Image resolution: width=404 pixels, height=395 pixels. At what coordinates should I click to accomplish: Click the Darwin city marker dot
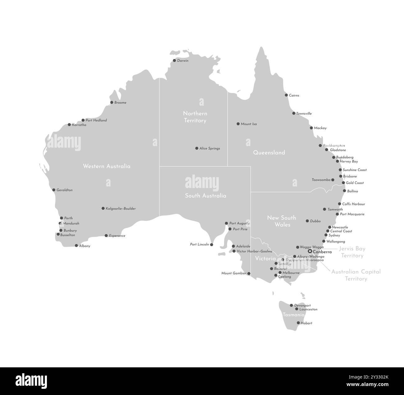pyautogui.click(x=174, y=61)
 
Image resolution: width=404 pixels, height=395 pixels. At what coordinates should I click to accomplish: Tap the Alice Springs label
pyautogui.click(x=210, y=149)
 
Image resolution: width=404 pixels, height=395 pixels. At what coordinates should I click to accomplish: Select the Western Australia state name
pyautogui.click(x=107, y=166)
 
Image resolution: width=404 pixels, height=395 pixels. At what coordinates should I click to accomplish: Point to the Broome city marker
pyautogui.click(x=112, y=102)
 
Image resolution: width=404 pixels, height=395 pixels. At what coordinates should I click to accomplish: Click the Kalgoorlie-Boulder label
pyautogui.click(x=121, y=209)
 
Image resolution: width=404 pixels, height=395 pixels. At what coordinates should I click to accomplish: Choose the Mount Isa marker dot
pyautogui.click(x=238, y=124)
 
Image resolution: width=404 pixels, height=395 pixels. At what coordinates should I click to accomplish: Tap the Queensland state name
pyautogui.click(x=269, y=153)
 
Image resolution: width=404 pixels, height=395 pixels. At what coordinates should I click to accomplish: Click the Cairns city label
pyautogui.click(x=294, y=95)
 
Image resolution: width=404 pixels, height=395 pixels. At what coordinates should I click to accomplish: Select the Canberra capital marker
pyautogui.click(x=310, y=251)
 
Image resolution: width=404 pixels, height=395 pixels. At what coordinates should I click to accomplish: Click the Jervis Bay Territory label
pyautogui.click(x=352, y=252)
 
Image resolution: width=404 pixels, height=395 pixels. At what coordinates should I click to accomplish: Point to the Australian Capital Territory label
pyautogui.click(x=356, y=275)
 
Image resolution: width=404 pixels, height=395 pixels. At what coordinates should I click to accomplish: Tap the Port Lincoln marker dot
pyautogui.click(x=212, y=245)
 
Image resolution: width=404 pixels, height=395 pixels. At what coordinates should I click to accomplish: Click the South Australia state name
pyautogui.click(x=206, y=196)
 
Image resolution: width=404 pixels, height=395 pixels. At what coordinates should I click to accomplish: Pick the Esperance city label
pyautogui.click(x=117, y=236)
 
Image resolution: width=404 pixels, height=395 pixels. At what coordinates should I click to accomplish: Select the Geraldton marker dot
pyautogui.click(x=54, y=190)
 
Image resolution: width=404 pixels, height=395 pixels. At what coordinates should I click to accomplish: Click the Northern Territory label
pyautogui.click(x=195, y=117)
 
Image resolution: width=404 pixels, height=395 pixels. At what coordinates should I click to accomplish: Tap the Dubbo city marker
pyautogui.click(x=307, y=221)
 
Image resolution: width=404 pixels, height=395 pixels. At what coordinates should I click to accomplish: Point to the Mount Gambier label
pyautogui.click(x=234, y=273)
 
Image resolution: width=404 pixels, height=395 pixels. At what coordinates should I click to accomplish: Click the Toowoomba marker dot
pyautogui.click(x=333, y=180)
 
